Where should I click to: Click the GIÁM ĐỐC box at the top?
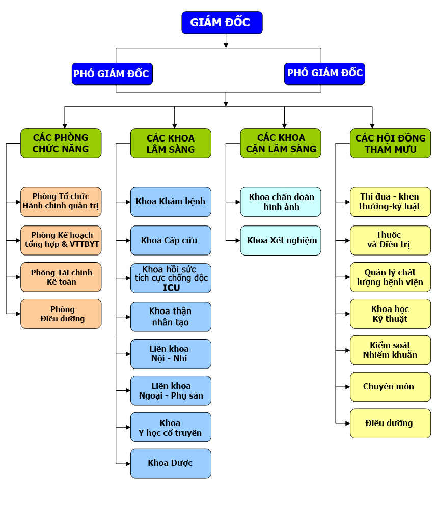click(222, 23)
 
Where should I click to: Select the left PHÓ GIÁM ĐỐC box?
click(112, 74)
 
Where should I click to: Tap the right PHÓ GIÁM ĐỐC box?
click(324, 73)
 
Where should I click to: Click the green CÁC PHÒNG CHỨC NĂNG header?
click(61, 143)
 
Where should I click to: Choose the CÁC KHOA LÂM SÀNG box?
click(171, 144)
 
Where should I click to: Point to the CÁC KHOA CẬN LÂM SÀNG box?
click(281, 143)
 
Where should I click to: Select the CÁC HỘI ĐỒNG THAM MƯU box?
click(390, 144)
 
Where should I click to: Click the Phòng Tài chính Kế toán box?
click(61, 277)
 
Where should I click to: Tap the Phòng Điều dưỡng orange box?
click(61, 314)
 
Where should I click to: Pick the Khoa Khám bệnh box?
click(171, 202)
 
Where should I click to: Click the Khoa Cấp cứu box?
click(171, 240)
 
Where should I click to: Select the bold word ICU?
click(171, 288)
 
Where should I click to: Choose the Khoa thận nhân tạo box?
click(171, 317)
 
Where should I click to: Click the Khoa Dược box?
click(171, 463)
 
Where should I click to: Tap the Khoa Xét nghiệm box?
click(281, 240)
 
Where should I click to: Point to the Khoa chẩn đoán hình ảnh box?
click(281, 202)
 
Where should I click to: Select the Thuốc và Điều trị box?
click(390, 240)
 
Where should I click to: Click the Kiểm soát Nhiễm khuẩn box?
click(390, 350)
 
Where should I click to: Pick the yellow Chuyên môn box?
click(390, 387)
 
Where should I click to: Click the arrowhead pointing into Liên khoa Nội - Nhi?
click(128, 354)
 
